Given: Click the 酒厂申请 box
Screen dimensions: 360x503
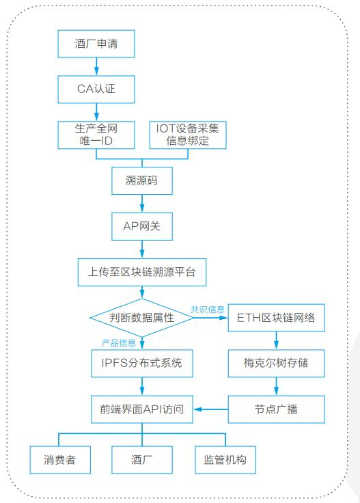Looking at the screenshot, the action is (x=96, y=44).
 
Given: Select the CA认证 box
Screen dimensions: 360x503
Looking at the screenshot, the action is (x=96, y=90).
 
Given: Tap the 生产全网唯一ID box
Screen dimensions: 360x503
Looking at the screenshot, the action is (x=96, y=135).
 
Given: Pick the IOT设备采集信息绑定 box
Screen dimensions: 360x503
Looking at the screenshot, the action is (x=188, y=135).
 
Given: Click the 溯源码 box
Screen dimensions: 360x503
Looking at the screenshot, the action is (x=142, y=180).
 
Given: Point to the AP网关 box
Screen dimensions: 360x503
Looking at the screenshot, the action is (x=142, y=226).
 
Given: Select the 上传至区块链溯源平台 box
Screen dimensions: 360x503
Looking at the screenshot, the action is (x=142, y=273).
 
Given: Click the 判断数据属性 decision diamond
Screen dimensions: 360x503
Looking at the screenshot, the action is (x=142, y=318).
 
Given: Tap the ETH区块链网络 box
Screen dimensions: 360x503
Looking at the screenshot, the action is (x=277, y=318).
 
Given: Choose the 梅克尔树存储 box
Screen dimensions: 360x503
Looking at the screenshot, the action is (x=277, y=364).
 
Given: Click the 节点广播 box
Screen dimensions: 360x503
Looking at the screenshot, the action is (x=277, y=409).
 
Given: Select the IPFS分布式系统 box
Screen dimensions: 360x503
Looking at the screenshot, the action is (x=142, y=364).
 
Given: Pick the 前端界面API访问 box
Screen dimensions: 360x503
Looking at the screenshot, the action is (x=142, y=409).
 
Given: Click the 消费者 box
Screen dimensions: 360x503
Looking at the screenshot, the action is (x=60, y=460).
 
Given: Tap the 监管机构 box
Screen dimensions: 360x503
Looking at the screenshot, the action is (x=225, y=460).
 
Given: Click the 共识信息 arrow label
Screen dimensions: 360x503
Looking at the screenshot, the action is (x=208, y=310).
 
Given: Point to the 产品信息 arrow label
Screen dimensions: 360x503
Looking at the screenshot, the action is (x=119, y=343).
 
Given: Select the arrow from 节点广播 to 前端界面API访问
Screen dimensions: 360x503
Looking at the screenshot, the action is (x=210, y=409).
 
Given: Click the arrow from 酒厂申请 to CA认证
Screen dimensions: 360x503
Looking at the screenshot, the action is (x=96, y=67).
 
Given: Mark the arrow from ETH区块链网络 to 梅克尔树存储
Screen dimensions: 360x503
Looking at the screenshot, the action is (x=277, y=340).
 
